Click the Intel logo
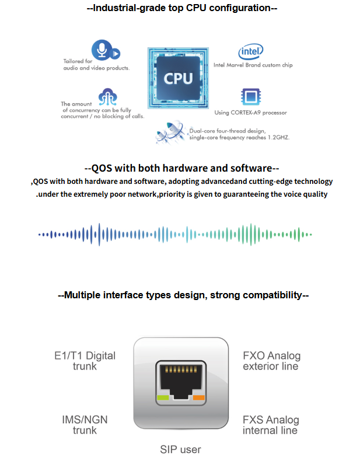tap(251, 51)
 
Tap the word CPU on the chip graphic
tap(178, 79)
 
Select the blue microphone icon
tap(102, 50)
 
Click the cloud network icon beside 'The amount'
tap(107, 97)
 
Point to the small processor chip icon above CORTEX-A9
tap(251, 96)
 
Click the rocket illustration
tap(170, 132)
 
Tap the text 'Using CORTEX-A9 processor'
tap(250, 113)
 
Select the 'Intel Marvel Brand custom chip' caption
tap(253, 65)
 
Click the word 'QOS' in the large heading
tap(102, 168)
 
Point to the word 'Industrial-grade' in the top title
tap(130, 8)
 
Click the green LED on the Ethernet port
tap(163, 398)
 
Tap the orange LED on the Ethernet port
tap(198, 398)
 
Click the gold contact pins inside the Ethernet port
tap(181, 370)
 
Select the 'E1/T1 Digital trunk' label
tap(85, 361)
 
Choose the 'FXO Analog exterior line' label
tap(271, 361)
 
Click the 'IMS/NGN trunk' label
tap(85, 425)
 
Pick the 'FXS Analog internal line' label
tap(271, 425)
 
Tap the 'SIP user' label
tap(180, 449)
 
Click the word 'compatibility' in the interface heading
tap(272, 295)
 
